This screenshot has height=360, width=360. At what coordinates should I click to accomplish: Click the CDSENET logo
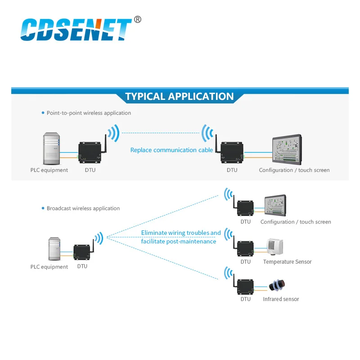(76, 30)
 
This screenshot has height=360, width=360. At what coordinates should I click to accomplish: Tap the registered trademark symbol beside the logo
(138, 19)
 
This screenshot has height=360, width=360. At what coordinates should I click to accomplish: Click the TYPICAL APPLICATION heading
(180, 96)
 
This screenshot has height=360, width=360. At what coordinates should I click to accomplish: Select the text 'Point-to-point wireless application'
(89, 113)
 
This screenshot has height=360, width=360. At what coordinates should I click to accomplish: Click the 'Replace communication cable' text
(171, 150)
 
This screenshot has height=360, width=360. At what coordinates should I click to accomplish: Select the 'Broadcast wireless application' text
(83, 208)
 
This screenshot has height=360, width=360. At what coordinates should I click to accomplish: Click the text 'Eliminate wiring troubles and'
(181, 233)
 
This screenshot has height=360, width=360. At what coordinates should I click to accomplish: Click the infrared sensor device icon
(276, 286)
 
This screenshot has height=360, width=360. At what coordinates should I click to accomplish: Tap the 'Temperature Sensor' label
(287, 262)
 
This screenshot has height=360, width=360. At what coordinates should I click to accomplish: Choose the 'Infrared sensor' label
(281, 299)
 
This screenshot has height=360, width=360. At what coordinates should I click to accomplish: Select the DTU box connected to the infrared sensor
(246, 286)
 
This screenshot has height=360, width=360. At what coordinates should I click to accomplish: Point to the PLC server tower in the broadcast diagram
(55, 249)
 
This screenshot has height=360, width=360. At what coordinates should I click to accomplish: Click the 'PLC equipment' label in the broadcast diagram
(49, 267)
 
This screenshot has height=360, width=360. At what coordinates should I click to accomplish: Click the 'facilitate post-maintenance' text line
(178, 242)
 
